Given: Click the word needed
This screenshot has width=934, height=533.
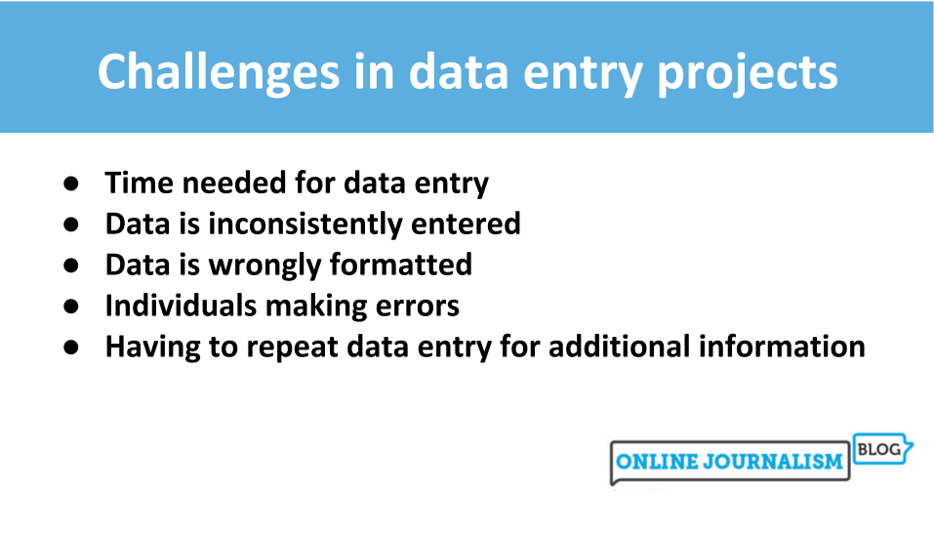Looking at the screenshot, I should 219,183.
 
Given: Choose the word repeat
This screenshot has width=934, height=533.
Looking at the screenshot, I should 269,347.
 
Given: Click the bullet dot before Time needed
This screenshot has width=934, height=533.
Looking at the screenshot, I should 71,184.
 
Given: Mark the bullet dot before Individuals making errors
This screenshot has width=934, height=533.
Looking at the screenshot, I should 71,307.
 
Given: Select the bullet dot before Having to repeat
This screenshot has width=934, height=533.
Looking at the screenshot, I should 71,348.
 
